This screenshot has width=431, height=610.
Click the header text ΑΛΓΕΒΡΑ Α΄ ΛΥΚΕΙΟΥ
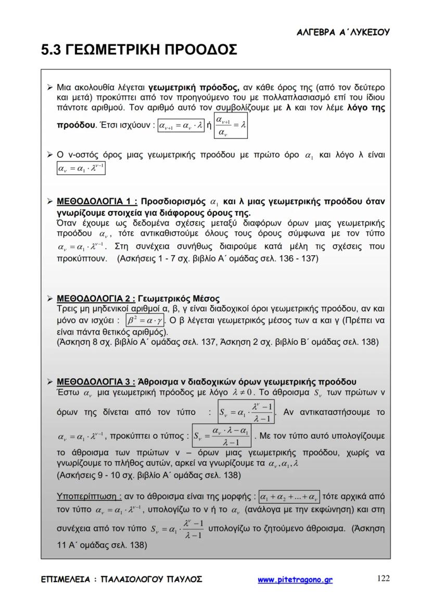point(343,32)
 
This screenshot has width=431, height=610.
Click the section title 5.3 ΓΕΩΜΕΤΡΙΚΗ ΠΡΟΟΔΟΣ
point(139,51)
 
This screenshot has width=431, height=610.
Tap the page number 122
point(383,578)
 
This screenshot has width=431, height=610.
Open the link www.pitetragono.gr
point(295,579)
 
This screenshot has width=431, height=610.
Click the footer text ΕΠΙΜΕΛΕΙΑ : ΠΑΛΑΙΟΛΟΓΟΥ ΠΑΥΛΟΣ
point(122,579)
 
